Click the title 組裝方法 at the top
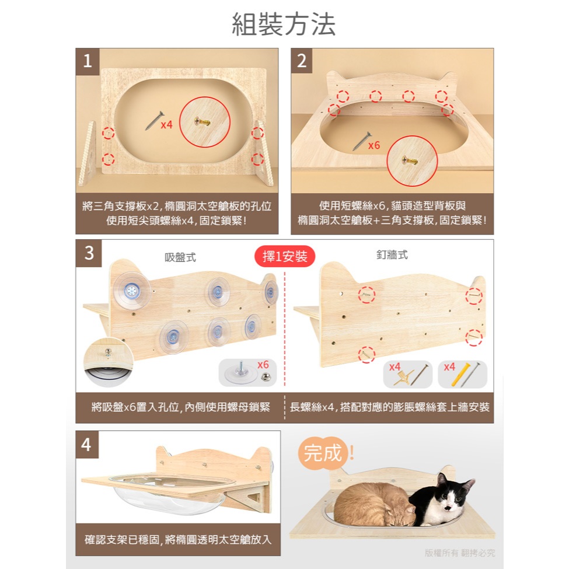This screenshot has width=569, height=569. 284,25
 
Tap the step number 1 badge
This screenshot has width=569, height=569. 88,61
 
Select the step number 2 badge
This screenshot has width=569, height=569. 302,61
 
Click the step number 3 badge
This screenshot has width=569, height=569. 89,253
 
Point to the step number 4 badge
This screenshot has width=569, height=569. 87,445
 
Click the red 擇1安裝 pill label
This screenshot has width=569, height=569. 285,257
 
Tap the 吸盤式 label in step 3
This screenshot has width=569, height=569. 180,257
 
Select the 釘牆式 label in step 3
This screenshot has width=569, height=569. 392,255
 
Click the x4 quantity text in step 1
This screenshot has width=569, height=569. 166,125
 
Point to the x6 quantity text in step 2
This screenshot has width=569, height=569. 373,145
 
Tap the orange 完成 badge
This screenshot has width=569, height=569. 323,453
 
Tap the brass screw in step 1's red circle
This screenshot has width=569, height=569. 203,121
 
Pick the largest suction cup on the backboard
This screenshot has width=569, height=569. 132,290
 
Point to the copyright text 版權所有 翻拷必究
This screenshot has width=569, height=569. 460,553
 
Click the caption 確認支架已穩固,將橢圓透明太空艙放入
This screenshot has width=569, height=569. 178,540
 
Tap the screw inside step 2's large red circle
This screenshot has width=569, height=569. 410,160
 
